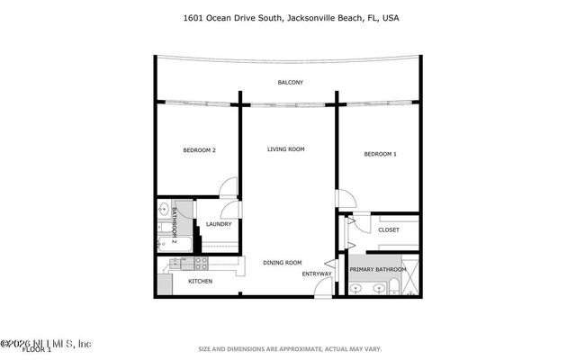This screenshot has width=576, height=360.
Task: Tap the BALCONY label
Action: click(290, 83)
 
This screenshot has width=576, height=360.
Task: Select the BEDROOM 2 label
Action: click(199, 150)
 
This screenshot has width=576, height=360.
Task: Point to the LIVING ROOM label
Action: click(286, 148)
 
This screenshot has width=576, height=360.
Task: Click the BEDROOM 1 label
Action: click(380, 154)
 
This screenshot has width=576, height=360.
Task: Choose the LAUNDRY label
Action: click(219, 224)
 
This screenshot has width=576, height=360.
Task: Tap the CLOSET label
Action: click(389, 229)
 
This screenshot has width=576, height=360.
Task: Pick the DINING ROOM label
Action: click(282, 263)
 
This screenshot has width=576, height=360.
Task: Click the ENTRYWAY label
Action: click(317, 274)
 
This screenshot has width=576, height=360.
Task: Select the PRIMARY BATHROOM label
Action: click(378, 269)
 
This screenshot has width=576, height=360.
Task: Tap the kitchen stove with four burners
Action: click(199, 264)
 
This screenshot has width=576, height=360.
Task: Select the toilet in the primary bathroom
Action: click(395, 288)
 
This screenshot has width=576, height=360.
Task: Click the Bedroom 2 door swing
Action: click(229, 188)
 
